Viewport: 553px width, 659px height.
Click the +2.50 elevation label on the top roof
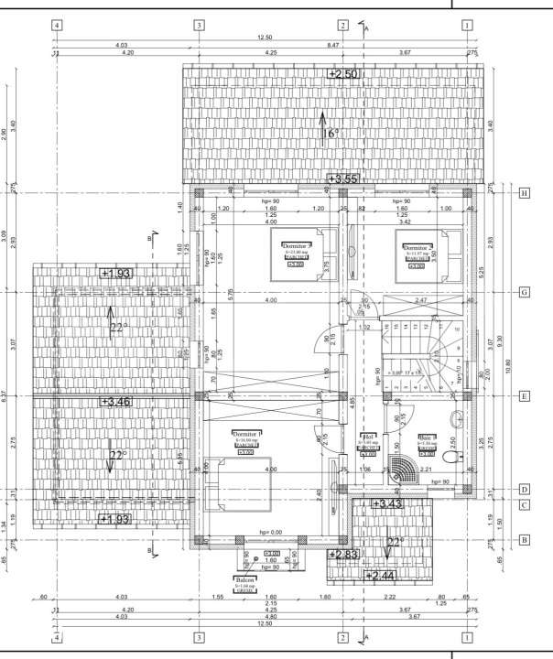343,73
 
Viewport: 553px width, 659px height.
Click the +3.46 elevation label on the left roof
117,401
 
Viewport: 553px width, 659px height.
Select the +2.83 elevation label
345,555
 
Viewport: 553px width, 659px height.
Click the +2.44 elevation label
380,576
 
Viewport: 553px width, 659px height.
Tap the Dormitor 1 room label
246,434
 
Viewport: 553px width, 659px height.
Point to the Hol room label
368,438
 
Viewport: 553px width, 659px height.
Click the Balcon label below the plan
244,580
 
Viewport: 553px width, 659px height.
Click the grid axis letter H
525,193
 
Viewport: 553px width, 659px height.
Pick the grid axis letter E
525,396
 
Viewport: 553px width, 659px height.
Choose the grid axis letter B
525,540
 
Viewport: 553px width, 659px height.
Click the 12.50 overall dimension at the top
265,38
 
